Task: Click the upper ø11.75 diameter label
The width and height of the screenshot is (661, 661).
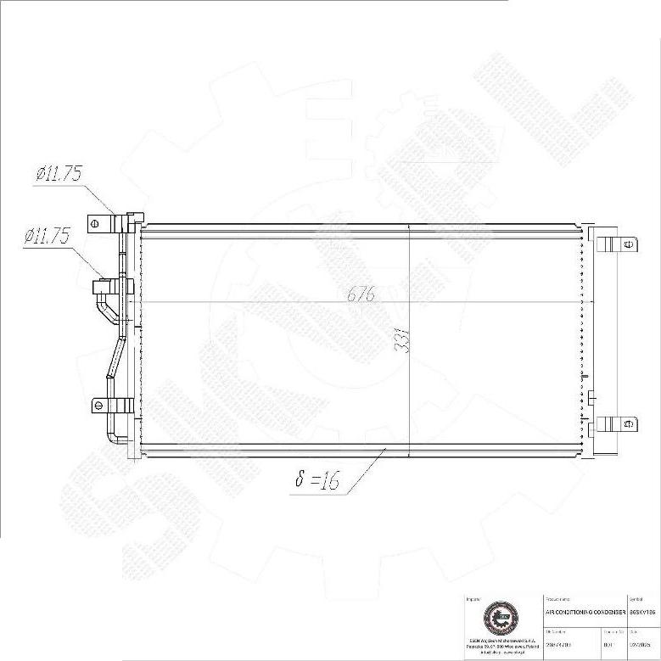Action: click(58, 174)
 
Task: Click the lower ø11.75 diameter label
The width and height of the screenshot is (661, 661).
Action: click(47, 237)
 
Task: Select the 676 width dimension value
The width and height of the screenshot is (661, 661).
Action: click(361, 295)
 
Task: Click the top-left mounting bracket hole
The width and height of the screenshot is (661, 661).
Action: click(97, 224)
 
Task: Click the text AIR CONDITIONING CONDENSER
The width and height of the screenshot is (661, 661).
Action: click(585, 611)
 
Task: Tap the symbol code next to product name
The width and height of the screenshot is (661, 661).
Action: click(641, 611)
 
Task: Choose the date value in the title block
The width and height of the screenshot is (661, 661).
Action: click(641, 646)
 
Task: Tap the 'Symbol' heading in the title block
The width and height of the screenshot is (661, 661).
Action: click(636, 599)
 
